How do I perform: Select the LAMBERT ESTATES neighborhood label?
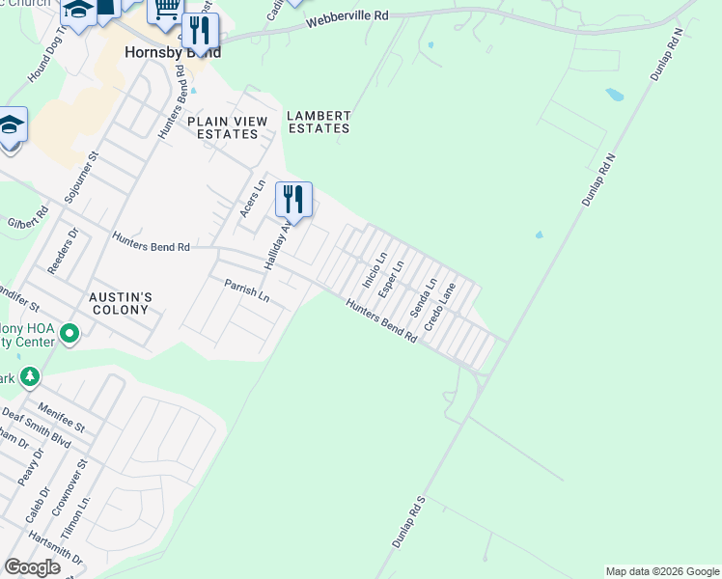pos(319,122)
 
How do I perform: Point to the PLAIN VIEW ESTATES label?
pos(223,127)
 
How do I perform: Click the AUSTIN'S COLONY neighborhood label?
pos(119,303)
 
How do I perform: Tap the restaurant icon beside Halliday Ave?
pos(294,200)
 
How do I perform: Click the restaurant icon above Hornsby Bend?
pos(200,30)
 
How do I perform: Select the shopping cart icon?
pos(165,10)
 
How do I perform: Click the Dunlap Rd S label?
pos(408,524)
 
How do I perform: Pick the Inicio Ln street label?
pos(374,270)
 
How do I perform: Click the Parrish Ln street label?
pos(246,290)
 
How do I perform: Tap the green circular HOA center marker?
pos(69,334)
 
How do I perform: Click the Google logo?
pos(32,566)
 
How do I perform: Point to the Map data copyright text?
pos(661,571)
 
